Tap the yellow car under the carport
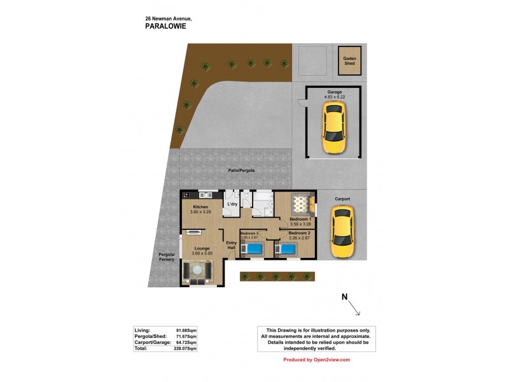point(342,234)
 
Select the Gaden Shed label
point(350,61)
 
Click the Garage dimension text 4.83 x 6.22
point(335,97)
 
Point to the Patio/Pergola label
point(241,171)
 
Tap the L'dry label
point(232,204)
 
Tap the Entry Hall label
point(232,245)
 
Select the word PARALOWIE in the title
point(165,27)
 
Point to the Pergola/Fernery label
point(166,257)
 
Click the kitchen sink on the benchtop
point(205,195)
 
